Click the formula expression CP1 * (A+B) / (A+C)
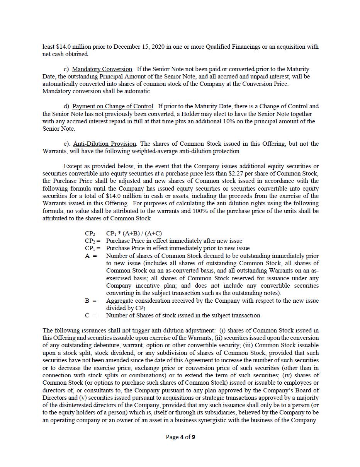(134, 233)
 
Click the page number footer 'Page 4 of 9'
(180, 437)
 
